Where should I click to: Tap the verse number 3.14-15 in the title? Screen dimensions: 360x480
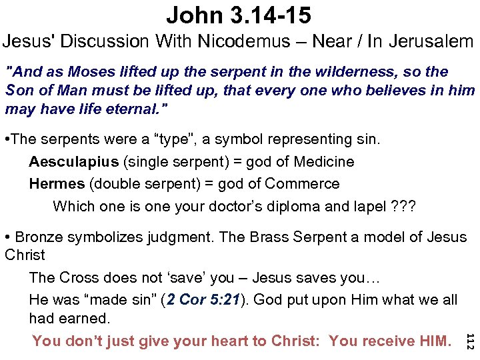point(271,14)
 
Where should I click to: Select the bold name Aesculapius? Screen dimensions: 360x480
point(74,162)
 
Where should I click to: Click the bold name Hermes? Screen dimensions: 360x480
point(57,184)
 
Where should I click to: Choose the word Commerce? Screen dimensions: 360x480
point(302,184)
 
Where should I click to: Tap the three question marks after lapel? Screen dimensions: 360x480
point(404,206)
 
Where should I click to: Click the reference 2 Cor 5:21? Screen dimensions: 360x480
point(197,300)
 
